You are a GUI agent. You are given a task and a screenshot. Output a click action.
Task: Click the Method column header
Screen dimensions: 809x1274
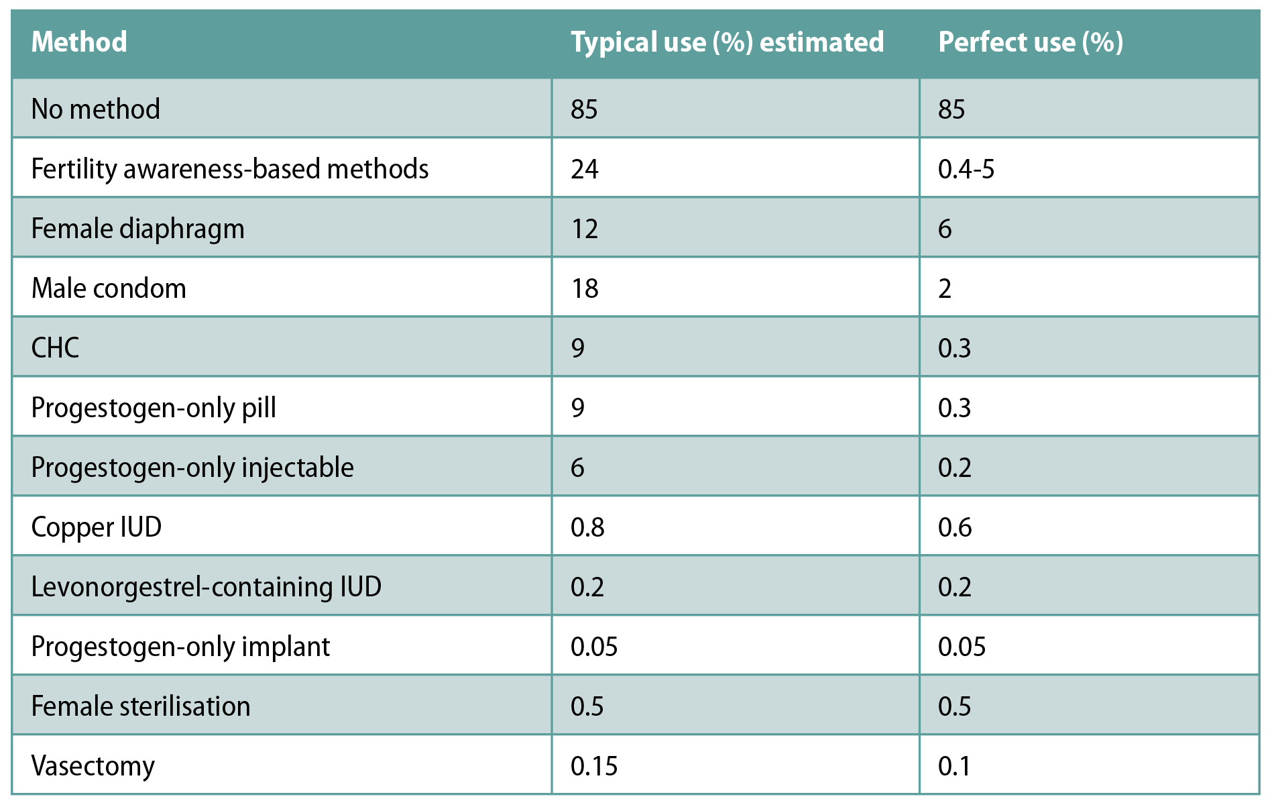[x=79, y=42]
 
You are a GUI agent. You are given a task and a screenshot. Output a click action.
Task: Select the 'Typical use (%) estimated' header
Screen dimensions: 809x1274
[x=727, y=42]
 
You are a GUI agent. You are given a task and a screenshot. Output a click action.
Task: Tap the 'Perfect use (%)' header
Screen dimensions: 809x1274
[x=1031, y=42]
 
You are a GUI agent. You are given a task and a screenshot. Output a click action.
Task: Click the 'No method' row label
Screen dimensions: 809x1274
[x=96, y=109]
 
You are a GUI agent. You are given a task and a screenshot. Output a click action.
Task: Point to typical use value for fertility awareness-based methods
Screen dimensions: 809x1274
[x=584, y=169]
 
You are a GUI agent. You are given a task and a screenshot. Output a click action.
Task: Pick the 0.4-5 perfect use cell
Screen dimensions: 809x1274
[x=966, y=169]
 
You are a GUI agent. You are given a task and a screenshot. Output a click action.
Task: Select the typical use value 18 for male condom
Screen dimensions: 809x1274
[x=584, y=288]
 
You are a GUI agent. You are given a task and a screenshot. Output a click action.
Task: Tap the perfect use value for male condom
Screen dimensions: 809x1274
[x=944, y=288]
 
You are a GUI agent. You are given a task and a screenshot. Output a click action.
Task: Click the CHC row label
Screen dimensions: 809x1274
[x=55, y=348]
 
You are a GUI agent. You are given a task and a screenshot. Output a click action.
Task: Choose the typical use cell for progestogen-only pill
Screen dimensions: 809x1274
[x=577, y=408]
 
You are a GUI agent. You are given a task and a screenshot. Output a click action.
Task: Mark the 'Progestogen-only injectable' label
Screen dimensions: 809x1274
[x=192, y=468]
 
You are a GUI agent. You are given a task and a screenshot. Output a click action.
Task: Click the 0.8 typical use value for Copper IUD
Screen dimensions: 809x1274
[x=587, y=527]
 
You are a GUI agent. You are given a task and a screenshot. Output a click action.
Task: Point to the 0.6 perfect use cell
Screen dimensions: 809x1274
[x=954, y=527]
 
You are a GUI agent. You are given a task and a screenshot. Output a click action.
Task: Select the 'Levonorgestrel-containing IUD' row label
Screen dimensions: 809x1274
[x=206, y=587]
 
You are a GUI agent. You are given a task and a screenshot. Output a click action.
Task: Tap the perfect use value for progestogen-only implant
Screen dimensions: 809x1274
[x=962, y=647]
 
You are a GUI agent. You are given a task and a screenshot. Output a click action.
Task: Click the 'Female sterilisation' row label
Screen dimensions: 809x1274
[x=141, y=706]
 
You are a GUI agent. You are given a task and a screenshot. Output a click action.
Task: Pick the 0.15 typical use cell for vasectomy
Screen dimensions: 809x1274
[x=593, y=766]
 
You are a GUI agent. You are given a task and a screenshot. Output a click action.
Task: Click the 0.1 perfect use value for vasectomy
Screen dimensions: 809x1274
[x=953, y=766]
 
